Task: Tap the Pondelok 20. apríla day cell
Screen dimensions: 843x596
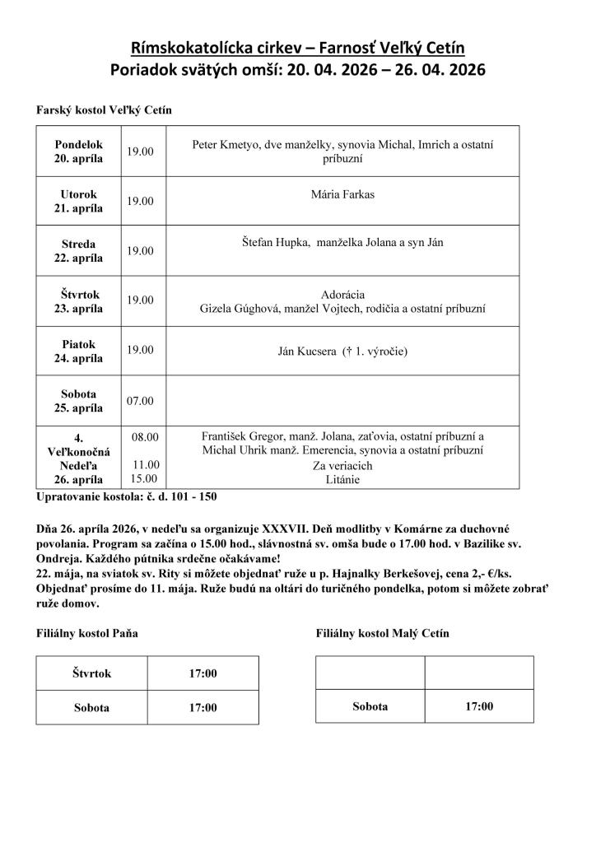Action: [78, 151]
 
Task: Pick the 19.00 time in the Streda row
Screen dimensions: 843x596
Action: [140, 250]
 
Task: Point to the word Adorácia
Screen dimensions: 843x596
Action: [342, 294]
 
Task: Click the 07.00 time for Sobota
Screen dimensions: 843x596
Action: [140, 400]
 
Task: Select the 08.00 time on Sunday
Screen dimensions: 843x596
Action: [145, 436]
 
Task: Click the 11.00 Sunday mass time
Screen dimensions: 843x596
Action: [145, 464]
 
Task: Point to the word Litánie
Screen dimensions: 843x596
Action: [342, 477]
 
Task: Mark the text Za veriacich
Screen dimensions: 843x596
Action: [342, 465]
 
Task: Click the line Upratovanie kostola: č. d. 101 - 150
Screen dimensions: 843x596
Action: [127, 496]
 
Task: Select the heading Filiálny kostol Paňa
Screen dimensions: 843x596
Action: [87, 633]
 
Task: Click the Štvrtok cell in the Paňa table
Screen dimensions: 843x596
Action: [91, 673]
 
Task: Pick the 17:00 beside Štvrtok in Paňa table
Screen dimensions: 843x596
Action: [203, 673]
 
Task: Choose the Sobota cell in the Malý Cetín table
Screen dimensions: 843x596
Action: [370, 706]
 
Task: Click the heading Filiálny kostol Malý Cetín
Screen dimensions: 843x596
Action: [382, 633]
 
